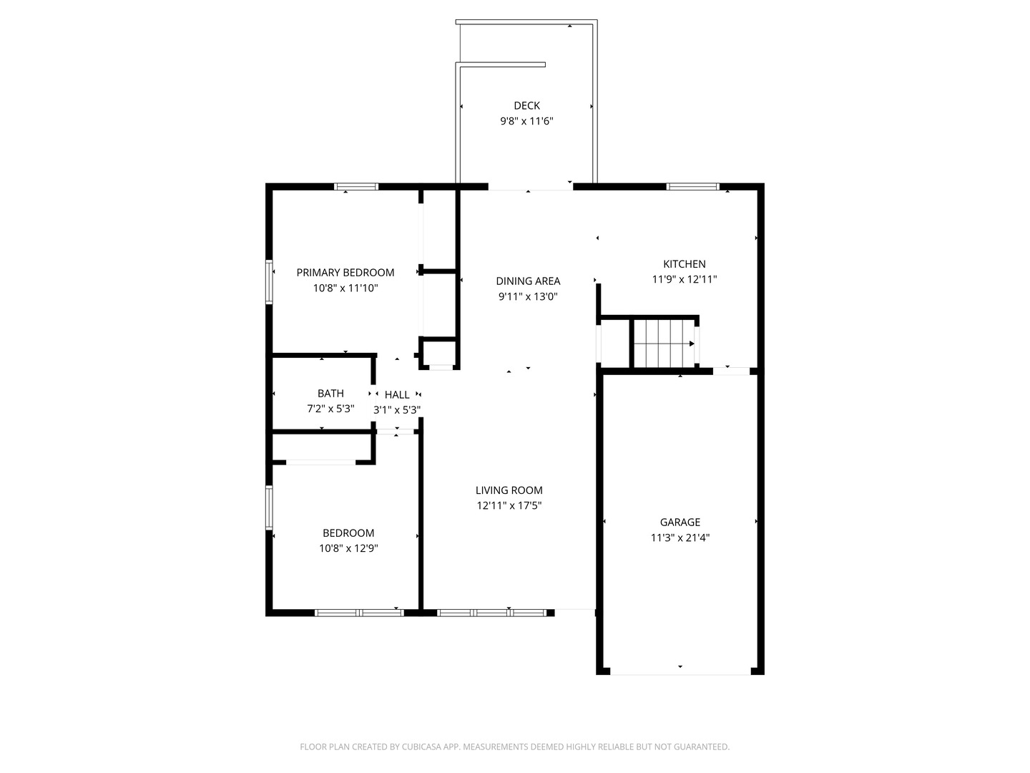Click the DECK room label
526,106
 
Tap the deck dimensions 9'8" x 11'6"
526,121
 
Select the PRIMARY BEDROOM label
345,273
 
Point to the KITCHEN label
685,264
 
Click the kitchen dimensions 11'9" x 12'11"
685,280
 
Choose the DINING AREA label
528,281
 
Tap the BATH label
330,394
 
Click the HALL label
397,394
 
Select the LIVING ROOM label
509,490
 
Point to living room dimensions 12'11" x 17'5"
509,505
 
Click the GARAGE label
680,522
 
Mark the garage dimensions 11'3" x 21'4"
680,538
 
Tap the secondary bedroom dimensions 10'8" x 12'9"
348,549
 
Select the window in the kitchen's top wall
692,187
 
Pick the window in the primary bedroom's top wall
356,187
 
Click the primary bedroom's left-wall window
270,282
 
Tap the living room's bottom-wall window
492,613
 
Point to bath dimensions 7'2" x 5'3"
330,409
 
